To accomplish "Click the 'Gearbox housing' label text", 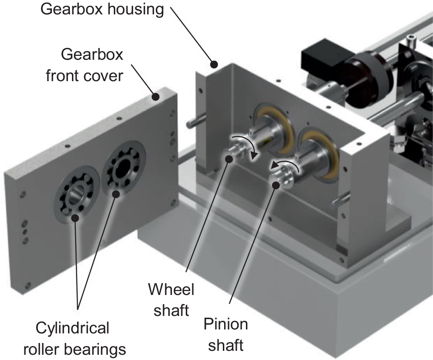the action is point(102,10).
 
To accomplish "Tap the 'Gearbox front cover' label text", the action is point(85,65).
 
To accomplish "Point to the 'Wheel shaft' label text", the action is point(171,300).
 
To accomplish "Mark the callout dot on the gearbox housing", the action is point(214,65).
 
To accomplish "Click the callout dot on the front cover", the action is point(156,97).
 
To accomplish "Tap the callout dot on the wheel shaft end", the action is point(229,159).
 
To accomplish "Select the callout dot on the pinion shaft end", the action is point(276,185).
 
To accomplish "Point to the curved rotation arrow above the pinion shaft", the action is point(286,162).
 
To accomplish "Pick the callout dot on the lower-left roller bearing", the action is point(75,218).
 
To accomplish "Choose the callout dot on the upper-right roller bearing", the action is point(116,194).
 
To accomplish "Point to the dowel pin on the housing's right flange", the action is point(340,200).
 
